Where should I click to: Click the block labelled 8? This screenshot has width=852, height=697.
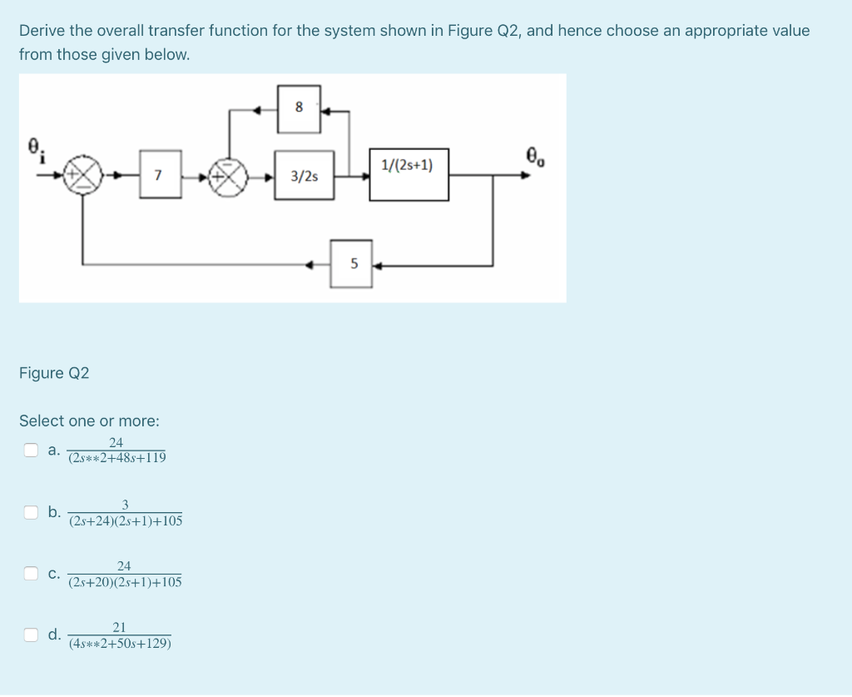pyautogui.click(x=299, y=107)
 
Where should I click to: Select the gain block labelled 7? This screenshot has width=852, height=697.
pyautogui.click(x=160, y=175)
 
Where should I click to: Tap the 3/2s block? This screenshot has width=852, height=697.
pyautogui.click(x=305, y=176)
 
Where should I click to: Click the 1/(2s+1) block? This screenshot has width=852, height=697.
pyautogui.click(x=409, y=174)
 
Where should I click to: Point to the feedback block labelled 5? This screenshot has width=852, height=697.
pyautogui.click(x=352, y=265)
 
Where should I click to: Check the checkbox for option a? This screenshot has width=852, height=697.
pyautogui.click(x=31, y=451)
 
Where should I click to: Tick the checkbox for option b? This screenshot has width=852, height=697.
pyautogui.click(x=31, y=512)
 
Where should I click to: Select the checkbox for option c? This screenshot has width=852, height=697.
pyautogui.click(x=31, y=573)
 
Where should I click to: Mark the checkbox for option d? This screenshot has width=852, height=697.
pyautogui.click(x=31, y=635)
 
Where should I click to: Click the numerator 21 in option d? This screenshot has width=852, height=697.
pyautogui.click(x=119, y=627)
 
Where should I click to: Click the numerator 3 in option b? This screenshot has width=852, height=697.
pyautogui.click(x=125, y=505)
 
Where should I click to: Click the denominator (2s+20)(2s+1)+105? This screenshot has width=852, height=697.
pyautogui.click(x=125, y=581)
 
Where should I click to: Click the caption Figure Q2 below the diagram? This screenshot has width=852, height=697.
pyautogui.click(x=54, y=373)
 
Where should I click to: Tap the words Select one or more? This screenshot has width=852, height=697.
pyautogui.click(x=89, y=421)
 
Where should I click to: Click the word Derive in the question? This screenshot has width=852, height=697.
pyautogui.click(x=42, y=31)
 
